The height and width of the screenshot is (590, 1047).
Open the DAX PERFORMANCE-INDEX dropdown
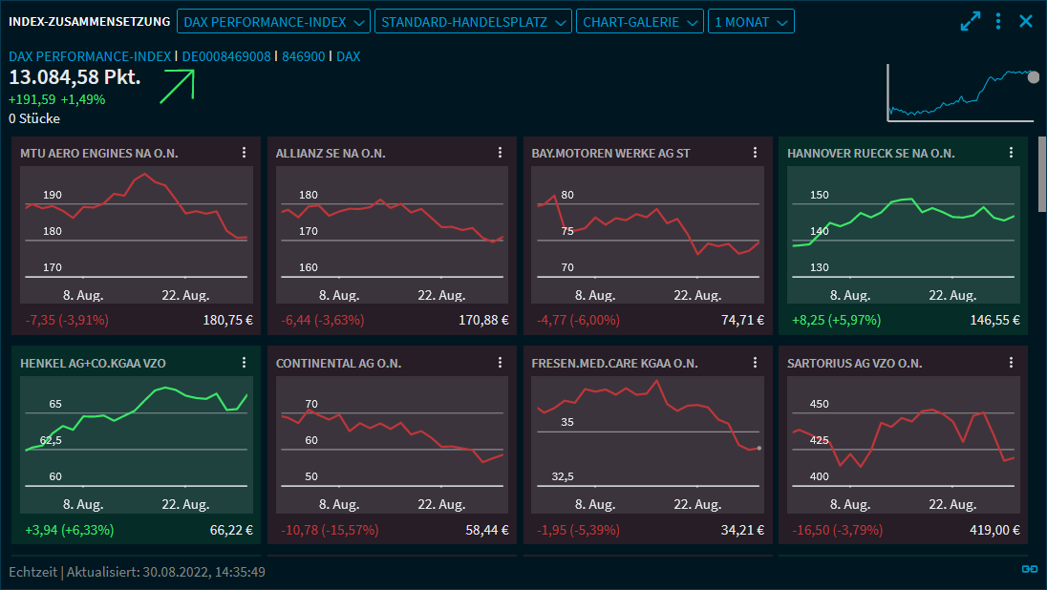tap(273, 21)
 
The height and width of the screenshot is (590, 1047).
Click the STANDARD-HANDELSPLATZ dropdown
tap(473, 21)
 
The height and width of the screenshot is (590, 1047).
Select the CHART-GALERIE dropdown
tap(640, 21)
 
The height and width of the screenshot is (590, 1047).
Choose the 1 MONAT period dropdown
tap(751, 21)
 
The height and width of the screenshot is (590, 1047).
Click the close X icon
tap(1026, 21)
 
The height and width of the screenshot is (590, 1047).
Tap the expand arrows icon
tap(971, 21)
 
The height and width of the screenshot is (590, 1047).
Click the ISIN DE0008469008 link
tap(226, 56)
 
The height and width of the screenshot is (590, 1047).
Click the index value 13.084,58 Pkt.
tap(75, 76)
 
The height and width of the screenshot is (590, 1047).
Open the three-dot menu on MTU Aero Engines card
tap(244, 153)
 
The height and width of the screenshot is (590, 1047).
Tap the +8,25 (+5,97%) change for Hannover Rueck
tap(836, 320)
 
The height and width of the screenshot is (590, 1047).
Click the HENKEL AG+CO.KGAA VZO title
tap(92, 363)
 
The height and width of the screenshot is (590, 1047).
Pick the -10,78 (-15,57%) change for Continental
tap(330, 530)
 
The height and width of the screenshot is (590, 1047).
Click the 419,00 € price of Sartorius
tap(994, 530)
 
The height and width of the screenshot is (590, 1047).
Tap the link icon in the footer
tap(1029, 569)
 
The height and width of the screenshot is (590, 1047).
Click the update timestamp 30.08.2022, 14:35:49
tap(203, 572)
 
